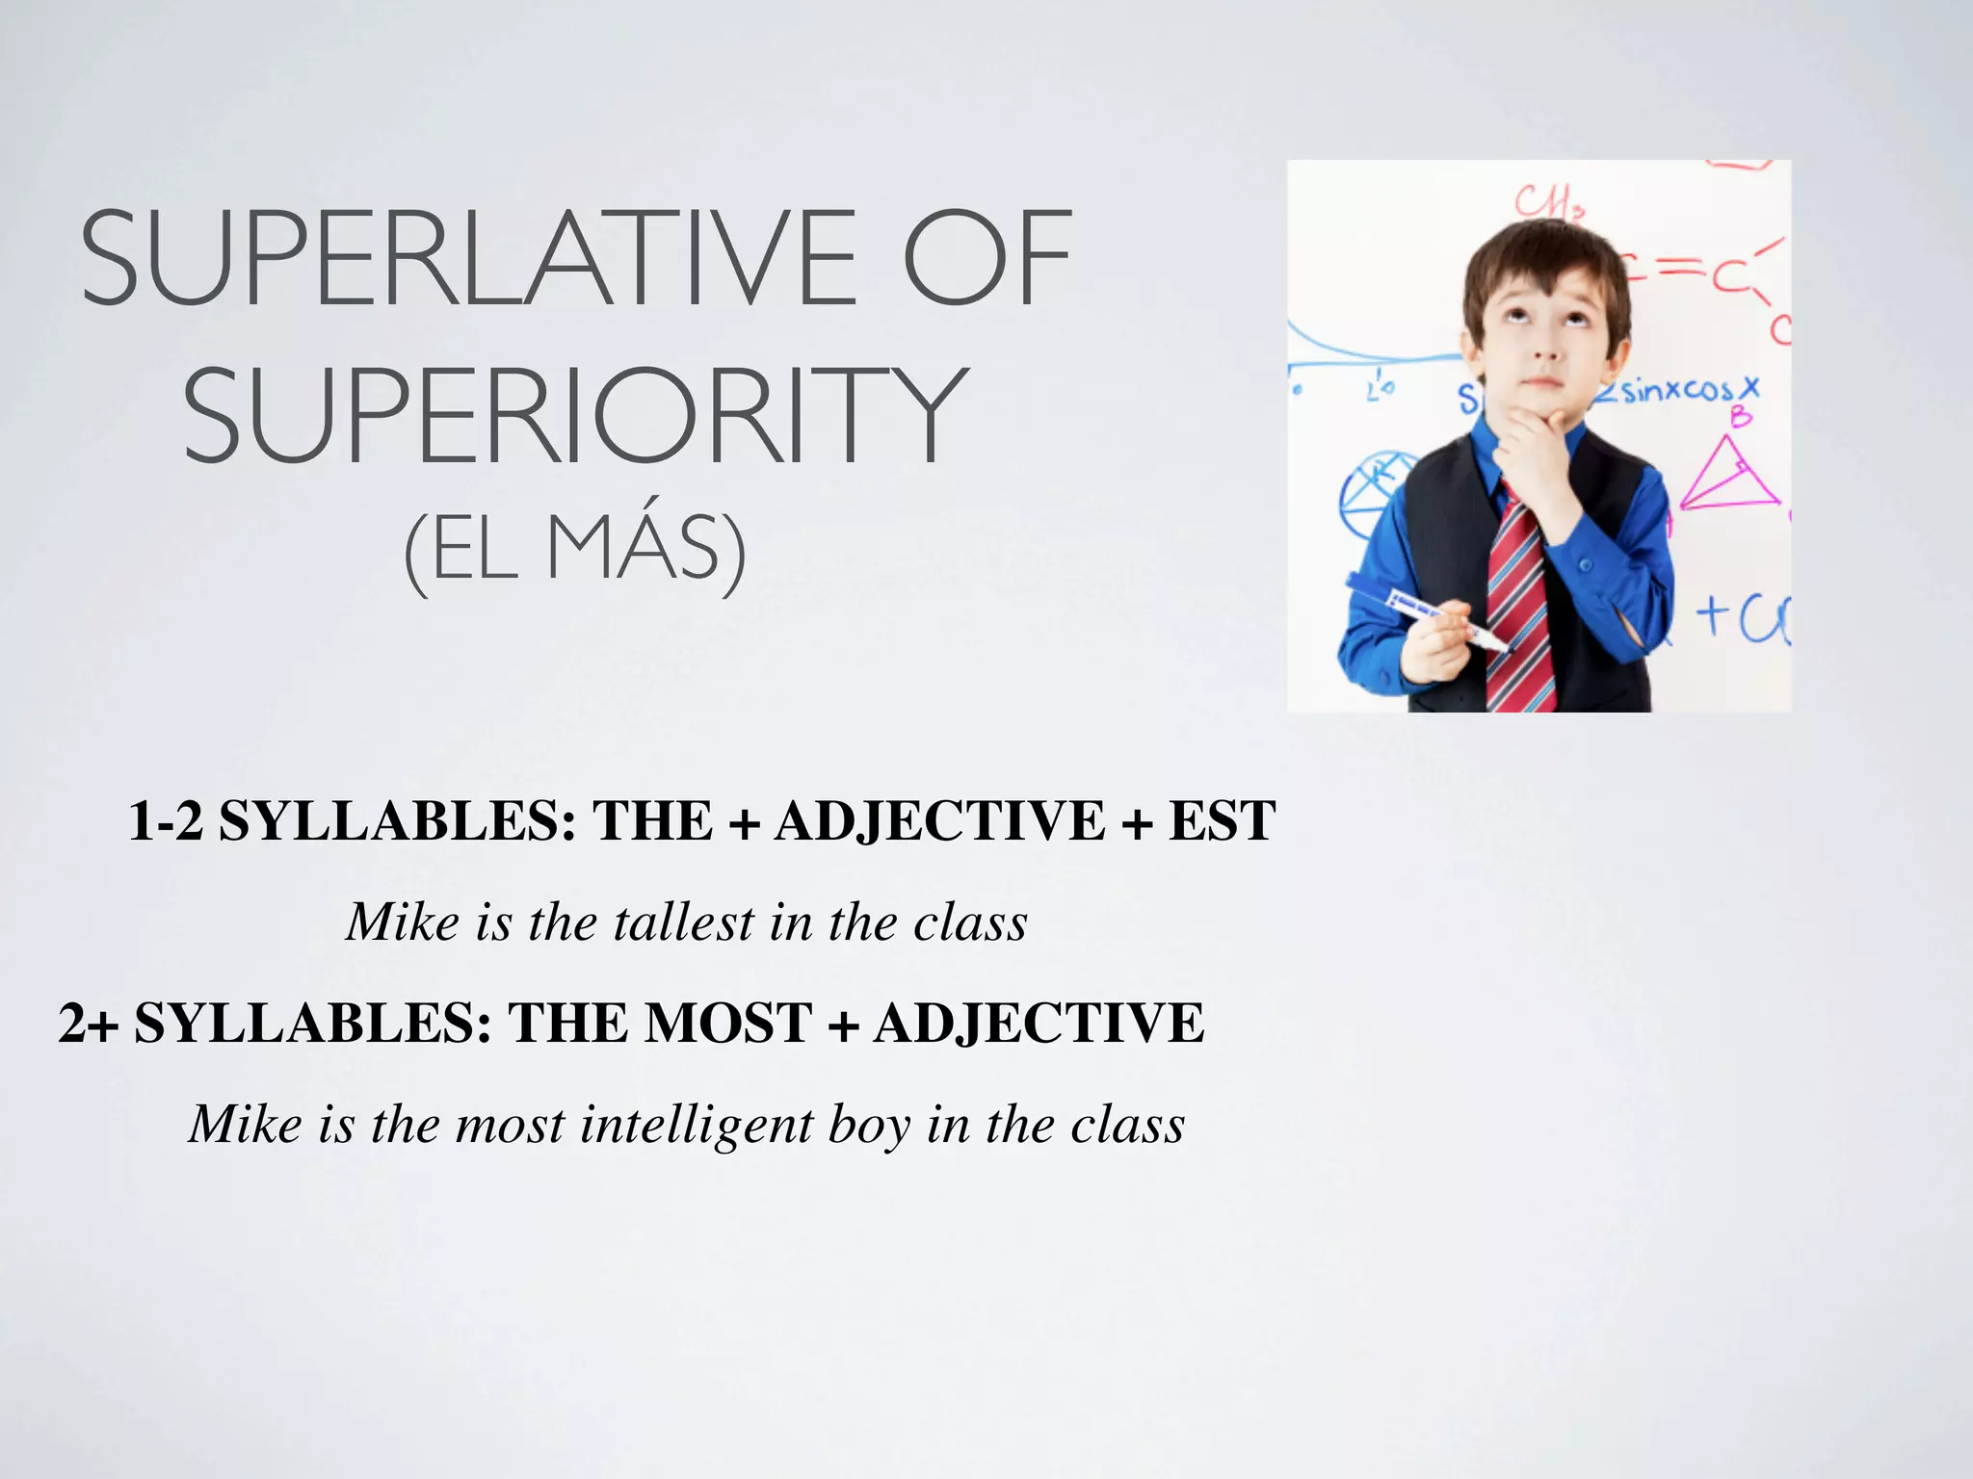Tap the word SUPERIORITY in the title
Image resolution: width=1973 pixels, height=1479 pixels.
575,416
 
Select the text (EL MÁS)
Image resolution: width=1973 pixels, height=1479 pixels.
575,551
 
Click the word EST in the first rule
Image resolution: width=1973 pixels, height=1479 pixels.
1222,822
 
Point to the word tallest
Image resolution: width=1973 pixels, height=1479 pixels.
684,922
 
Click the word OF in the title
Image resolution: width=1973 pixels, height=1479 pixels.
986,260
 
